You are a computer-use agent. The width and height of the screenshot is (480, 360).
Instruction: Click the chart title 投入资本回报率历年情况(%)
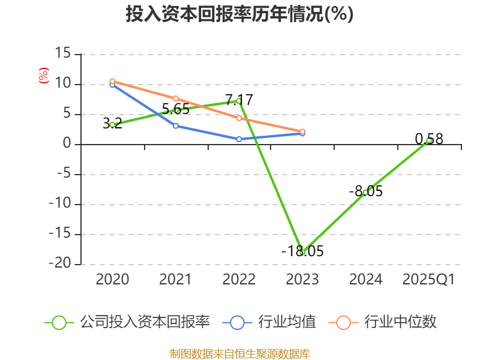(x=239, y=14)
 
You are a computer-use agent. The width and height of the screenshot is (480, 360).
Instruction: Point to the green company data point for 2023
(x=302, y=253)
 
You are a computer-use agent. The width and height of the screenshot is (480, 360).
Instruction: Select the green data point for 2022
(x=239, y=101)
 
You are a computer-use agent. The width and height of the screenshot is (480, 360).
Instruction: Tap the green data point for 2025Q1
(x=429, y=140)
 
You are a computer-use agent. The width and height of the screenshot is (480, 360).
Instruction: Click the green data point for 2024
(x=365, y=192)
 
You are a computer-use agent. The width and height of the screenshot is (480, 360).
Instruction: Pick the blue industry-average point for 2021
(x=176, y=126)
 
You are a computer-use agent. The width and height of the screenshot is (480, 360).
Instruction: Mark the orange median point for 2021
(x=176, y=98)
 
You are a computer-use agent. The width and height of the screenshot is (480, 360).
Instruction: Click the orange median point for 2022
(x=239, y=118)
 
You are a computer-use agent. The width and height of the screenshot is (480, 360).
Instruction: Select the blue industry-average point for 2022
(x=239, y=139)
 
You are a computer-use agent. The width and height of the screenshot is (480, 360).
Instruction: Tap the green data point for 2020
(x=112, y=125)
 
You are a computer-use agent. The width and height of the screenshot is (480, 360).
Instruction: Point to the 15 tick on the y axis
(x=62, y=54)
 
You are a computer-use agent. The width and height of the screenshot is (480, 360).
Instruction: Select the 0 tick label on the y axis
(x=67, y=144)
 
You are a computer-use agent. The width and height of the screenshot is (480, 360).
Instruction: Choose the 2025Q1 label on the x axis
(x=428, y=280)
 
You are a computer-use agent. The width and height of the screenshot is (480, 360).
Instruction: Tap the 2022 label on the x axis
(x=239, y=280)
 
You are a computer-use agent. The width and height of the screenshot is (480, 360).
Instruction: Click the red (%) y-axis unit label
(x=43, y=76)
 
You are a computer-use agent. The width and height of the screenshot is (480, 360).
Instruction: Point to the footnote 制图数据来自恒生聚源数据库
(x=239, y=353)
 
